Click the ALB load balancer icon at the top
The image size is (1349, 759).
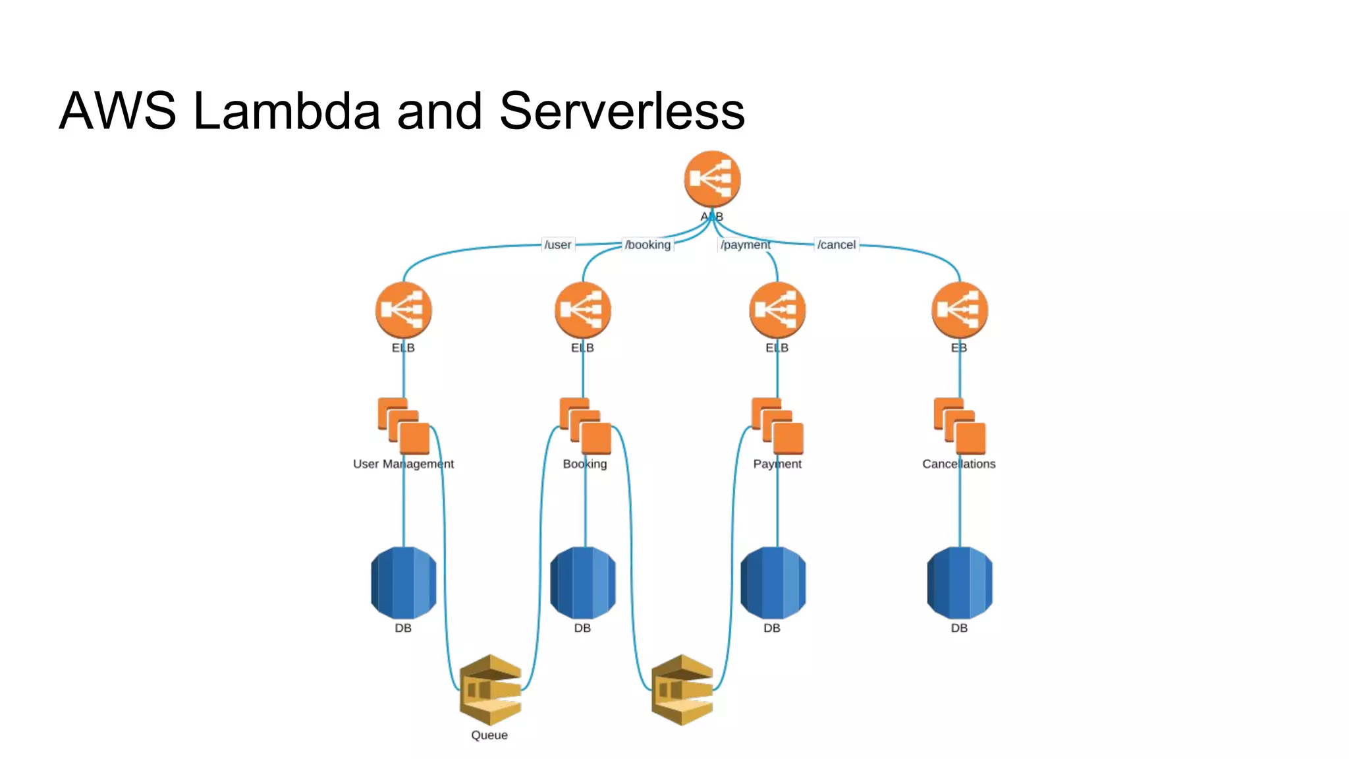[x=712, y=179]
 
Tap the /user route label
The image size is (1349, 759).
[x=557, y=244]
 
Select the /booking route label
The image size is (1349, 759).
[x=647, y=244]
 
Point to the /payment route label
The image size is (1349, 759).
[x=745, y=244]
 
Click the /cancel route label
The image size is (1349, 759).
[x=836, y=244]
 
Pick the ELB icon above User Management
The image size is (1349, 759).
[x=403, y=310]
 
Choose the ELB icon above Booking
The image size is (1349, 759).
[x=582, y=310]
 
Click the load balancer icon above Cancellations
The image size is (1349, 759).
[x=959, y=310]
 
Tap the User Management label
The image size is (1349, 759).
[x=403, y=464]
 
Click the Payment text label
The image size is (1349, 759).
[x=777, y=464]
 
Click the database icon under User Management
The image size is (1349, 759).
[x=403, y=582]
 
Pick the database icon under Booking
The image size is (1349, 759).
[x=582, y=582]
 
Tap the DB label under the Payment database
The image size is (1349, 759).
[x=772, y=628]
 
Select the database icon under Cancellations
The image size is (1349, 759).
[x=959, y=582]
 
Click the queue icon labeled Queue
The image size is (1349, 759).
[x=490, y=690]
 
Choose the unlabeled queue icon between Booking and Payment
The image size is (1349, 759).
[x=682, y=690]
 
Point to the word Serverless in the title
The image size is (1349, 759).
[x=622, y=111]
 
